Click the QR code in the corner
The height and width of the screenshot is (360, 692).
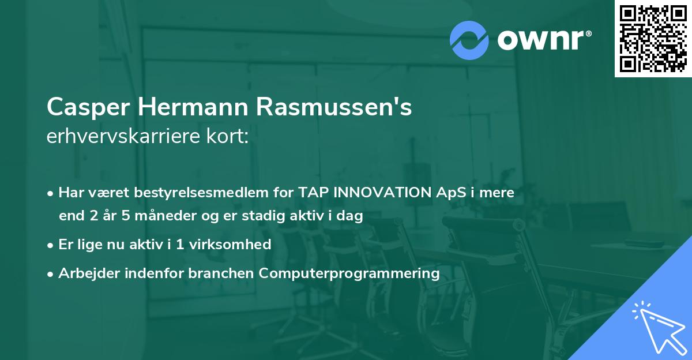[653, 39]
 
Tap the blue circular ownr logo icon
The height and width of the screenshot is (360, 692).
[469, 40]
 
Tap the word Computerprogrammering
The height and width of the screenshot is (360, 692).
[349, 273]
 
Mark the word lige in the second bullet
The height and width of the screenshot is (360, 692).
[85, 245]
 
